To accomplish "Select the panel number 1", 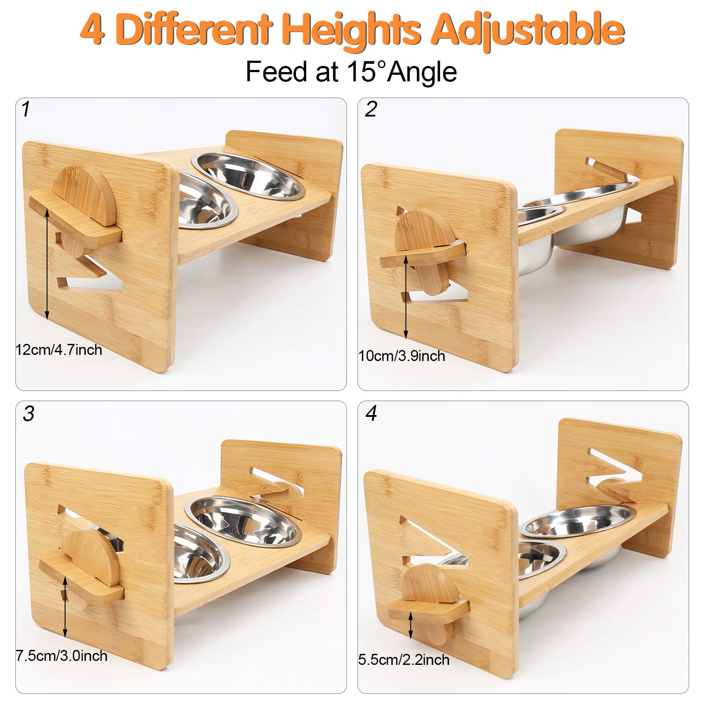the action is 26,109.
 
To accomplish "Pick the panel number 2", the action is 370,109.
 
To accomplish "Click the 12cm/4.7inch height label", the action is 59,350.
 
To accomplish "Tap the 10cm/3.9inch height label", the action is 401,356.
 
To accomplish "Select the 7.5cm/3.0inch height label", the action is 62,656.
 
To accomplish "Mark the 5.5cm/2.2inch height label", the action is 404,660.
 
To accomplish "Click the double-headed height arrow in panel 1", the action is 47,264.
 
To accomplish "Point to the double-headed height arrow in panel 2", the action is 405,297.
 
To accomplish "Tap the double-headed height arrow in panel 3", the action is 65,607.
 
